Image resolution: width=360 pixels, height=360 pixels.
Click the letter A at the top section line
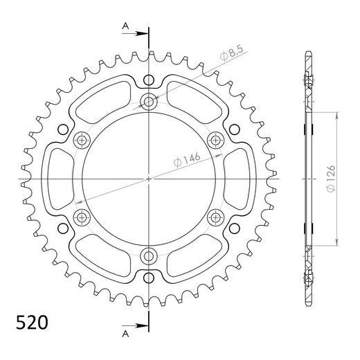pyautogui.click(x=125, y=26)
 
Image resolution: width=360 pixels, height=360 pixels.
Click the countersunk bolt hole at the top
pyautogui.click(x=149, y=102)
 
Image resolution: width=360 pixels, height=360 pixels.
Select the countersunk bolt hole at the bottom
pyautogui.click(x=149, y=257)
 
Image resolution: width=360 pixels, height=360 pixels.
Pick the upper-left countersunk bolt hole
pyautogui.click(x=82, y=141)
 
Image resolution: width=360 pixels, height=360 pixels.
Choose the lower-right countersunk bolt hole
pyautogui.click(x=215, y=218)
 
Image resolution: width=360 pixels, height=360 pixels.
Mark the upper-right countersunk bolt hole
pyautogui.click(x=215, y=141)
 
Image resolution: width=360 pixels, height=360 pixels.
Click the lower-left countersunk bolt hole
pyautogui.click(x=82, y=218)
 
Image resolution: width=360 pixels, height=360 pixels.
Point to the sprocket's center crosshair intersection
pyautogui.click(x=149, y=180)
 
